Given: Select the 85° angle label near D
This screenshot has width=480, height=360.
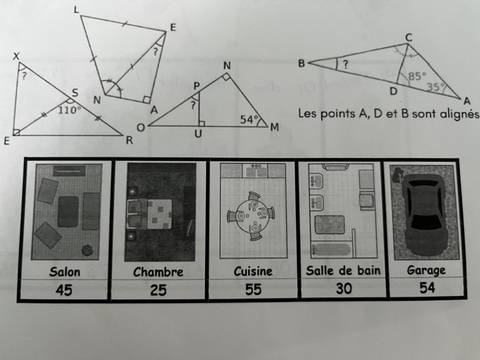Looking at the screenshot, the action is click(417, 76).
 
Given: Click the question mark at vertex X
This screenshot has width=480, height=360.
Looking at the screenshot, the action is click(25, 76).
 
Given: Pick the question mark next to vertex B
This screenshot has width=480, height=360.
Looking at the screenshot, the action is click(346, 65).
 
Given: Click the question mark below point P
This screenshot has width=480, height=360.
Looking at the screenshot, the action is click(193, 105).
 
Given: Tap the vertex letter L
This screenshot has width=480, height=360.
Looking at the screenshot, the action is click(76, 10).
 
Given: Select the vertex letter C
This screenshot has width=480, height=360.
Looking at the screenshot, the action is click(409, 38).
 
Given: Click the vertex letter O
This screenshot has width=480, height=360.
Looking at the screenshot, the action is click(140, 127).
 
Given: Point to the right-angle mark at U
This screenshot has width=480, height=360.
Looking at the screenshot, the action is click(201, 123).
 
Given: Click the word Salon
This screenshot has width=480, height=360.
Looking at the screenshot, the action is click(65, 272).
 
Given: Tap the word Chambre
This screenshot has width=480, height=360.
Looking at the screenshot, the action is click(158, 272).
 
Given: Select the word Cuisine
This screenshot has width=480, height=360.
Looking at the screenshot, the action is click(253, 271).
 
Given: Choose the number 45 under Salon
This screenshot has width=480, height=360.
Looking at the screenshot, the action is click(64, 290).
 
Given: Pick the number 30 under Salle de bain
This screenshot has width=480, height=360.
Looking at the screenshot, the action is click(344, 289).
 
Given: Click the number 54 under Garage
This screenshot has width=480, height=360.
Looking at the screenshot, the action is click(427, 288).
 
